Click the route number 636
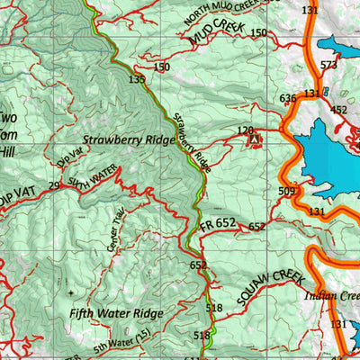[288, 98]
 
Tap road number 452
[338, 110]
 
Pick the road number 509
[287, 191]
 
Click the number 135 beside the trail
[137, 80]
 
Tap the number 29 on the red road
[54, 185]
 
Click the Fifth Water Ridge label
[116, 314]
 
